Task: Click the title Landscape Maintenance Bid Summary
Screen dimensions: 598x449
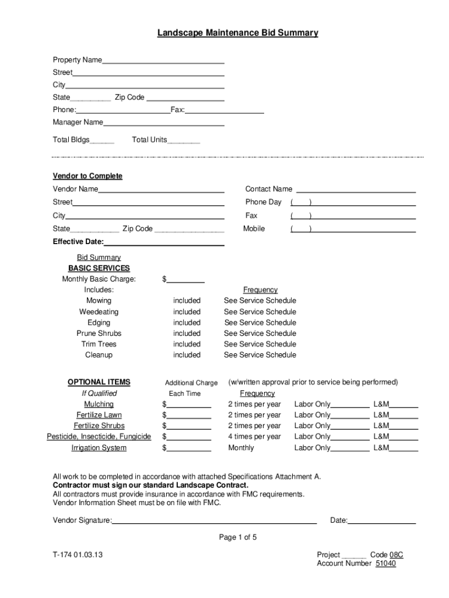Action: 237,33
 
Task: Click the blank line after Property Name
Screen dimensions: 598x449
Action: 163,61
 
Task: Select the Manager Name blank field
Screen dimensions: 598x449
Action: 164,123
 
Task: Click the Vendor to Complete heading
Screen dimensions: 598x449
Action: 87,176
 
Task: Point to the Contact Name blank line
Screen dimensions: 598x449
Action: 356,190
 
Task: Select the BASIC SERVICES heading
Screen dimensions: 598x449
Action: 99,269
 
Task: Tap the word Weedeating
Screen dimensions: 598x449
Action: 99,312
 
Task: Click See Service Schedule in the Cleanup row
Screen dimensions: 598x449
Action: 260,355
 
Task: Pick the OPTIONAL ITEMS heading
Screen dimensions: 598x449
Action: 99,383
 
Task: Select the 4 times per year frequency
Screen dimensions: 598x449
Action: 254,437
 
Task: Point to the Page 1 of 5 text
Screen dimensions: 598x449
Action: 238,537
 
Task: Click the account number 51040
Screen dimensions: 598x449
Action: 385,564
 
